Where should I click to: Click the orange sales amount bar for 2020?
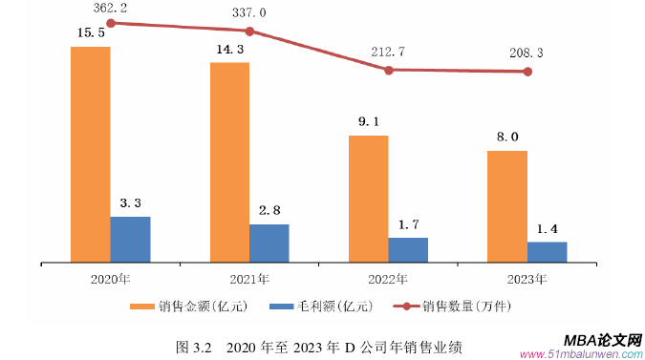point(90,153)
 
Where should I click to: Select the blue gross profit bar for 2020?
point(130,239)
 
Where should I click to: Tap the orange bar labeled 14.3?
point(229,161)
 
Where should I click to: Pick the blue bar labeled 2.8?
point(269,243)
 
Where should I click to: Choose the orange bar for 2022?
point(368,198)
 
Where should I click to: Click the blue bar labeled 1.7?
point(408,249)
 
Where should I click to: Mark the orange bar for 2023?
point(506,205)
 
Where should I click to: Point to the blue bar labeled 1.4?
point(547,251)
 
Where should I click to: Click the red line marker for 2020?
point(111,23)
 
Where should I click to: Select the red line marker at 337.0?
point(249,31)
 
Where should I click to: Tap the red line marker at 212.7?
point(388,70)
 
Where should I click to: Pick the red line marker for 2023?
point(527,72)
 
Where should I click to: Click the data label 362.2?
point(111,8)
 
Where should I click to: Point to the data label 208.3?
point(527,53)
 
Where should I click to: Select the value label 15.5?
point(90,33)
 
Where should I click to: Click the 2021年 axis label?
point(249,280)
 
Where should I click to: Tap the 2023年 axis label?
point(527,280)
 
